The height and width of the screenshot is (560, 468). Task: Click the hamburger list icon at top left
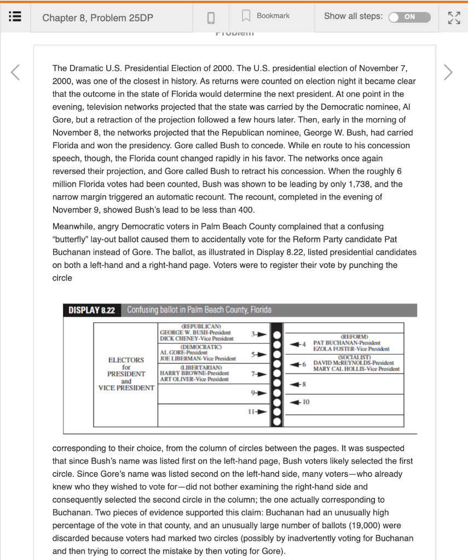coord(15,17)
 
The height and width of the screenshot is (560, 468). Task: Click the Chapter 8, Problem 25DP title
coord(97,17)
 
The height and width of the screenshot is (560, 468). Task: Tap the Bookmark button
coord(267,16)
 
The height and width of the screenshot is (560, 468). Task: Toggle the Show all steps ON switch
coord(409,17)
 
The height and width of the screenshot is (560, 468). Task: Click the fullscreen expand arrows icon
coord(454,17)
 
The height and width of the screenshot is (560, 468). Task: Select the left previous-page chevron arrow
coord(16,72)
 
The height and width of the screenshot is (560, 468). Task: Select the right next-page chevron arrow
coord(448,72)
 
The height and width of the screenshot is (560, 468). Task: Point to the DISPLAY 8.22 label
coord(91,310)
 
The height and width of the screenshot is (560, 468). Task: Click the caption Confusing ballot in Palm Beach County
coord(199,310)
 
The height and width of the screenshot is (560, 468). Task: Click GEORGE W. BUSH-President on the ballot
coord(195,332)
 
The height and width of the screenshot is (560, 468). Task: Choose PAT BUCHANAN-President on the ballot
coord(346,343)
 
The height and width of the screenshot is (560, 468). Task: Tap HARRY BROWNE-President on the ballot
coord(191,373)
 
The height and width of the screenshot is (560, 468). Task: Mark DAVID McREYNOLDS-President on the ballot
coord(353,363)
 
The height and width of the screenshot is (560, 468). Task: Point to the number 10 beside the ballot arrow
coord(306,402)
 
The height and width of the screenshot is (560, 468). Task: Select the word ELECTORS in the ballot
coord(126,360)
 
